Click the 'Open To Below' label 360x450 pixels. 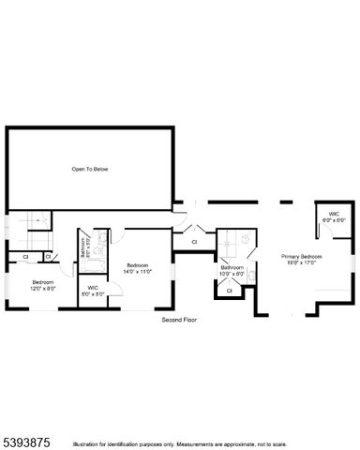pyautogui.click(x=90, y=169)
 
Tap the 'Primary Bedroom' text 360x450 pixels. pyautogui.click(x=303, y=256)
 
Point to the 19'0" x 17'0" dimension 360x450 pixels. pyautogui.click(x=303, y=262)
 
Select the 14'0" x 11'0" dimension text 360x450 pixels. pyautogui.click(x=139, y=271)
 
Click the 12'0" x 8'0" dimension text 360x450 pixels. pyautogui.click(x=43, y=288)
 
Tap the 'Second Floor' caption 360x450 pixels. pyautogui.click(x=179, y=319)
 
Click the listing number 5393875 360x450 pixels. pyautogui.click(x=25, y=437)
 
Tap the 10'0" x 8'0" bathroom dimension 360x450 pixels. pyautogui.click(x=232, y=275)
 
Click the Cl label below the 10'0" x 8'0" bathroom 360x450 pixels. pyautogui.click(x=230, y=290)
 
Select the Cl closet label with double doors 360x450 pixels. pyautogui.click(x=194, y=242)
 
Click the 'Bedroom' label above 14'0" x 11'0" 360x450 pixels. pyautogui.click(x=139, y=264)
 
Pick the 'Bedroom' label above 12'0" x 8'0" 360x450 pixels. pyautogui.click(x=43, y=281)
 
